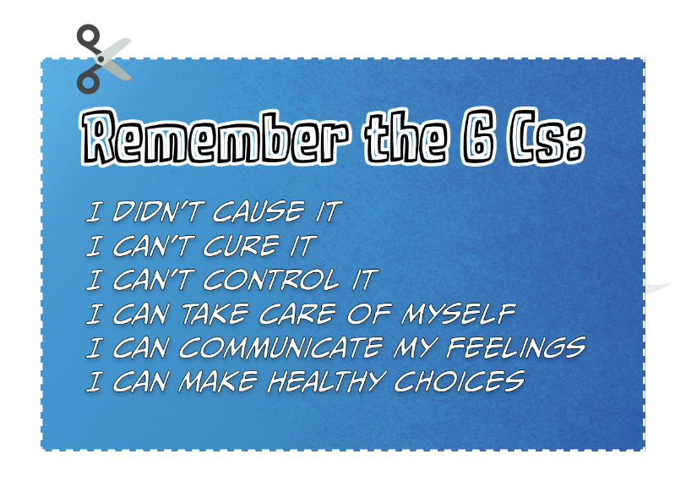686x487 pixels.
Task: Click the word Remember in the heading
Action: pos(215,137)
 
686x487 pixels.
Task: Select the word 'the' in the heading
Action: pos(406,138)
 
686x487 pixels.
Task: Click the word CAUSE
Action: pos(259,212)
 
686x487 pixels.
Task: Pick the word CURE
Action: pos(242,246)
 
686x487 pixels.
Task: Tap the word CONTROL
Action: pos(271,280)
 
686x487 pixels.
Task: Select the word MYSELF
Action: pos(459,314)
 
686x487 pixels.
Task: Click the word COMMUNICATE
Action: pos(281,347)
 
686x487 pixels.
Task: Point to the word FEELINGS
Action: pos(516,347)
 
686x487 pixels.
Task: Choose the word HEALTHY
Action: pos(327,381)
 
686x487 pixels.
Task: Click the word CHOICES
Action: pos(460,381)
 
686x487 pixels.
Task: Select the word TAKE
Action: pos(215,314)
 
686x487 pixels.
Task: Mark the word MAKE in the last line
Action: pos(218,381)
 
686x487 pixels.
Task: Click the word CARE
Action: pos(297,314)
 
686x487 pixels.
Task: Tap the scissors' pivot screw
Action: pos(101,58)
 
